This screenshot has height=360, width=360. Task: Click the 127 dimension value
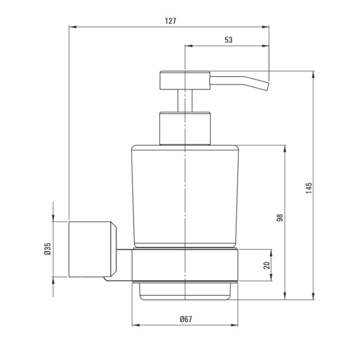click(x=170, y=21)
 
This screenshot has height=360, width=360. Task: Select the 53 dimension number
click(x=228, y=40)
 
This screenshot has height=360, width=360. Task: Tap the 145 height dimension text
click(x=309, y=187)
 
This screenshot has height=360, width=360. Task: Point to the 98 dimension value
click(x=280, y=217)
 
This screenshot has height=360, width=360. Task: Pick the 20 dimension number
click(x=266, y=265)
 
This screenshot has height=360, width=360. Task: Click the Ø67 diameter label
click(x=186, y=319)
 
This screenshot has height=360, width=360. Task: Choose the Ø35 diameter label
click(x=47, y=248)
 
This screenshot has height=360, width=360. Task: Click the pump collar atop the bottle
click(x=185, y=128)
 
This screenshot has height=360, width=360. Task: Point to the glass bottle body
click(x=185, y=195)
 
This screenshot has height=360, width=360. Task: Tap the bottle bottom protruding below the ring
click(x=185, y=291)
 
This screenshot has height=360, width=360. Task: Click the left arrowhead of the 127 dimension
click(x=71, y=27)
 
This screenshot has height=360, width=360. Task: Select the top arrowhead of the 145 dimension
click(x=314, y=74)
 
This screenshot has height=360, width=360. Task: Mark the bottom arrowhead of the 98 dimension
click(x=285, y=297)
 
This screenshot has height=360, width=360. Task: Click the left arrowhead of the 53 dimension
click(x=188, y=46)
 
